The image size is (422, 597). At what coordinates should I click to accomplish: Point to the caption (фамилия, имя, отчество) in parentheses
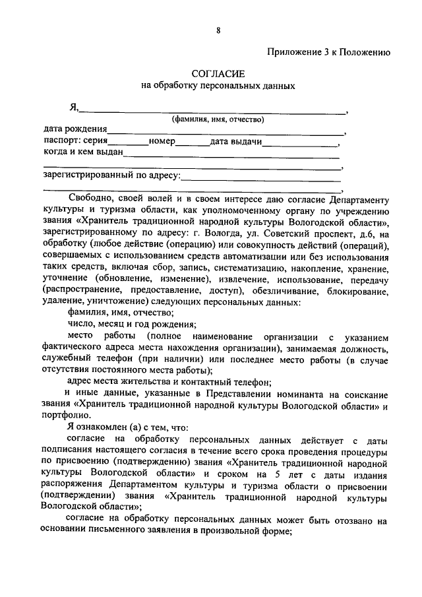(x=218, y=119)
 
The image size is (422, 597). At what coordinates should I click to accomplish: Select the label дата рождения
(x=75, y=130)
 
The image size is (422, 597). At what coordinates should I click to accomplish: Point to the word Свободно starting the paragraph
(x=88, y=199)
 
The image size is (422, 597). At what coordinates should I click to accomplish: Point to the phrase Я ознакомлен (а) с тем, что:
(x=124, y=428)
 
